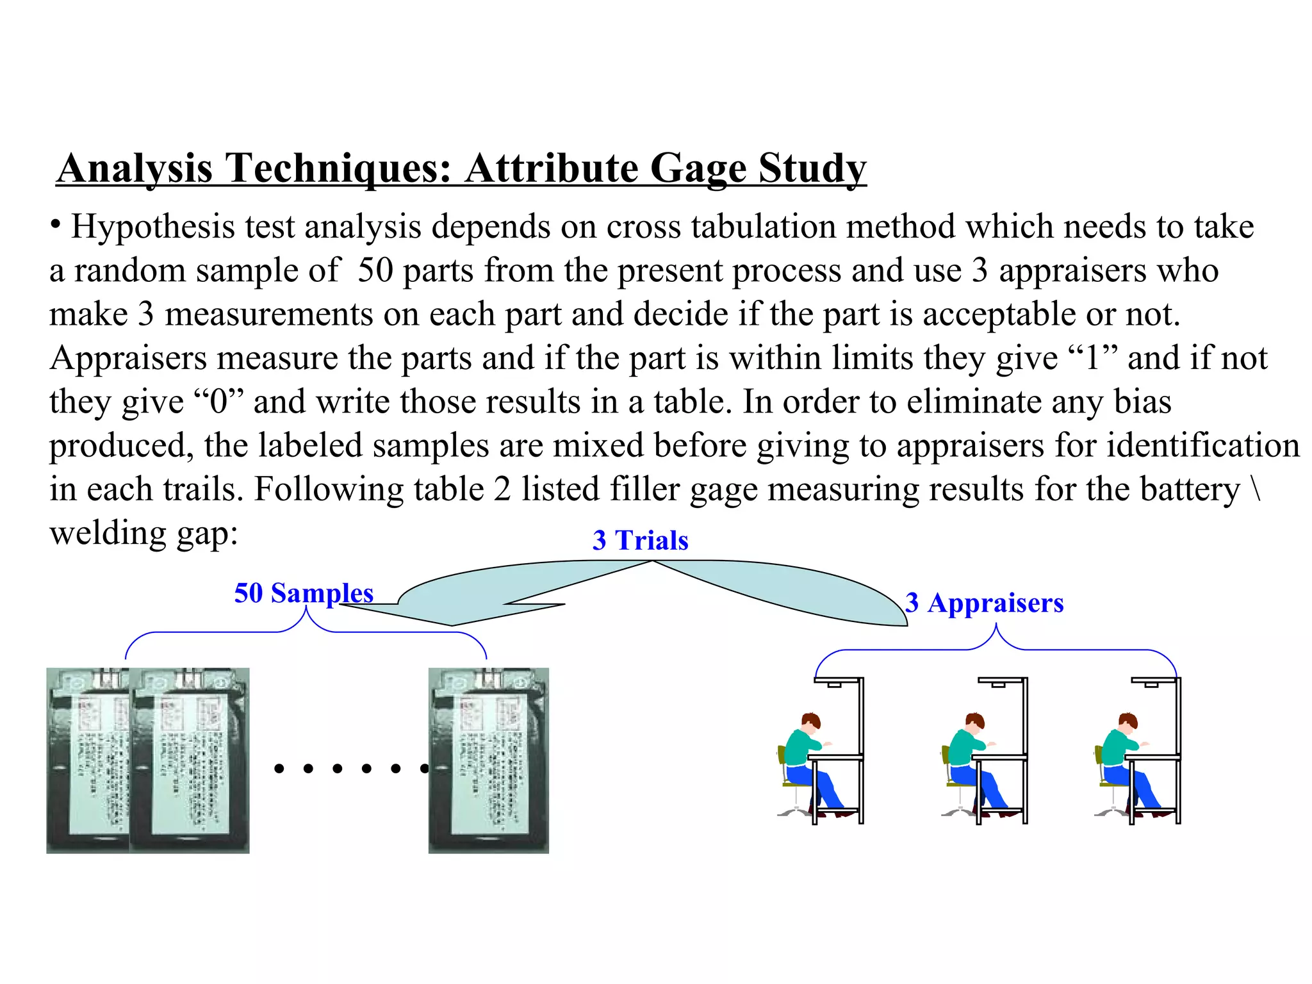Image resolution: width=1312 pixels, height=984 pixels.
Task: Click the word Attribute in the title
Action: (x=552, y=168)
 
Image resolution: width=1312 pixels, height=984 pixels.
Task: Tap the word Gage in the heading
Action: (x=698, y=170)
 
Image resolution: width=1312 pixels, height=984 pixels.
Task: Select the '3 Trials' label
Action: (x=640, y=541)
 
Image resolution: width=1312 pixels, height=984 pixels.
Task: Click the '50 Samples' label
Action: (x=304, y=593)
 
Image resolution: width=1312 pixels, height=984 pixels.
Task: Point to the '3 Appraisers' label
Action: (x=984, y=603)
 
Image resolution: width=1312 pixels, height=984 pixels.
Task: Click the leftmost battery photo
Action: (x=88, y=760)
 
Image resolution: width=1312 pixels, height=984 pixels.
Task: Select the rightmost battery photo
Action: (x=488, y=760)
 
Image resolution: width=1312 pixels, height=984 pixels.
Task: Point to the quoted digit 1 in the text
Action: (x=1094, y=359)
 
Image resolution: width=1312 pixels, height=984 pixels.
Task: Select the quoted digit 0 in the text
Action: (x=218, y=402)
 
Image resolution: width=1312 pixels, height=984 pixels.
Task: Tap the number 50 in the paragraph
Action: (x=375, y=271)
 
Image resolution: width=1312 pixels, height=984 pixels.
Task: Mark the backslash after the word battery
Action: (x=1255, y=489)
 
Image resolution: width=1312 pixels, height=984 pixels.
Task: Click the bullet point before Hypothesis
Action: (x=56, y=224)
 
